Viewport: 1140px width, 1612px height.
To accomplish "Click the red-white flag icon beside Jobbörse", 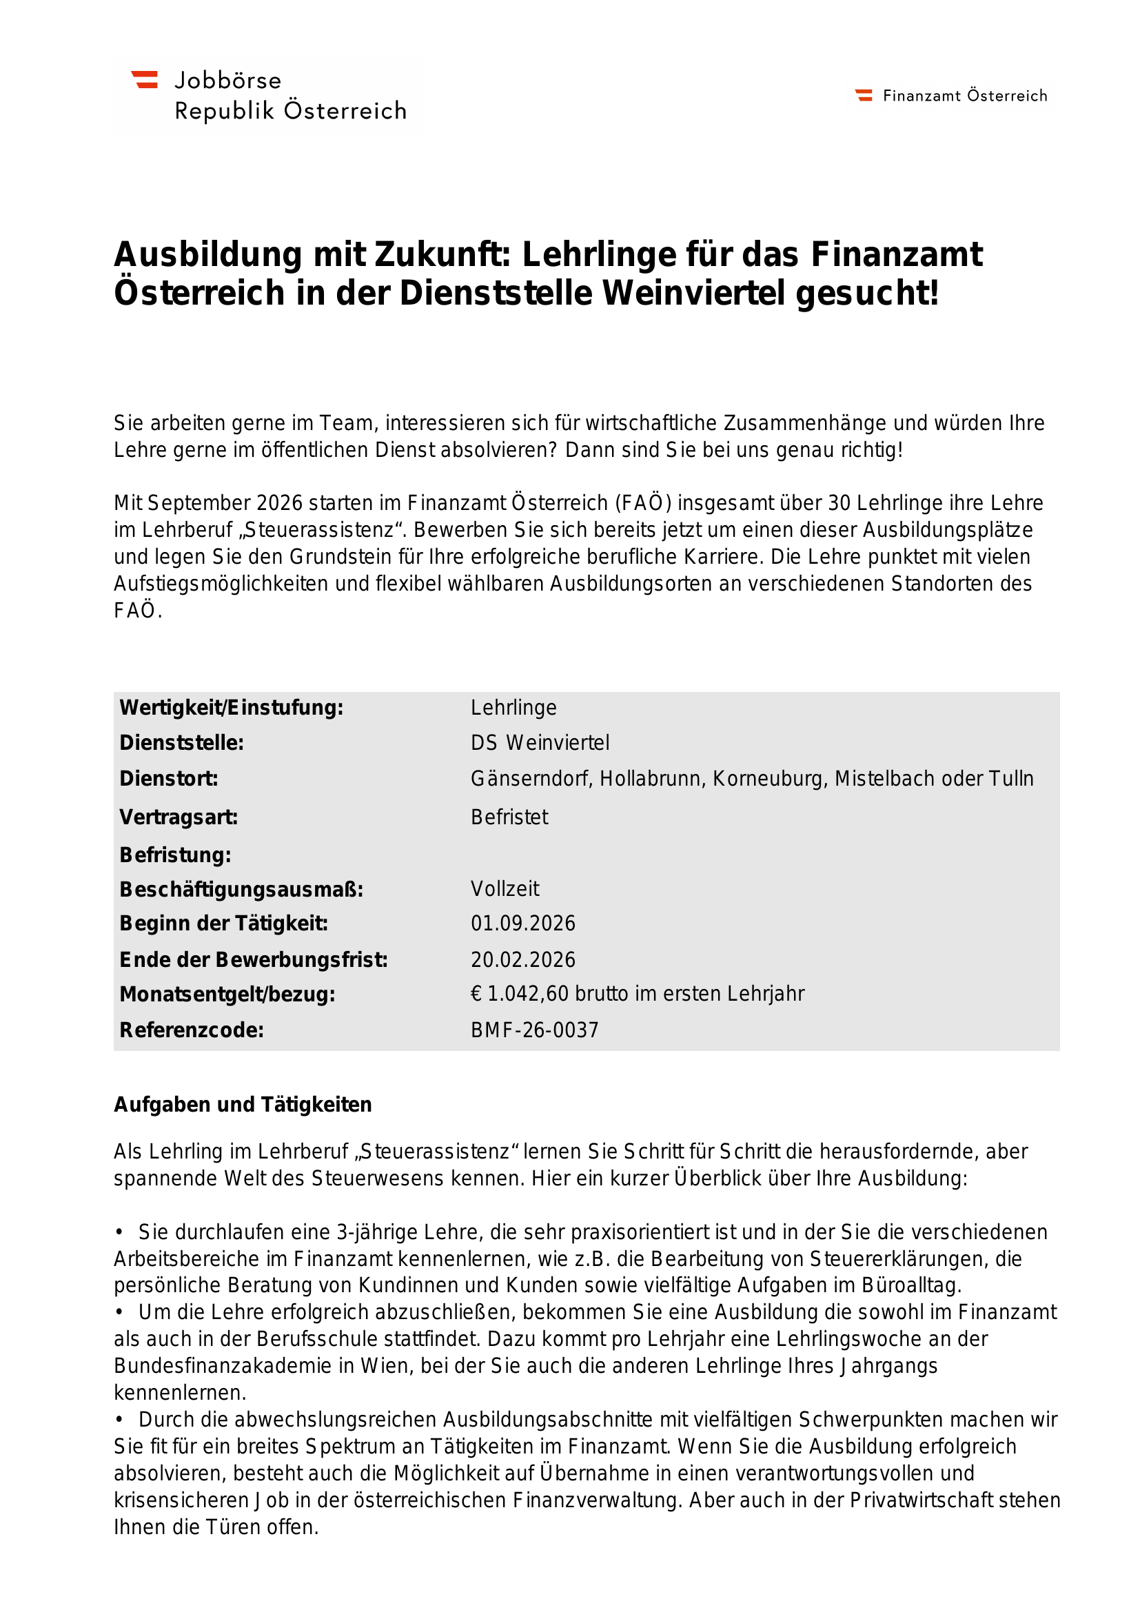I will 145,79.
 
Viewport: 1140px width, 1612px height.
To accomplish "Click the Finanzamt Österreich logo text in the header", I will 964,96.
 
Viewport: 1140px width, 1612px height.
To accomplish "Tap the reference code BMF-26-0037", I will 534,1030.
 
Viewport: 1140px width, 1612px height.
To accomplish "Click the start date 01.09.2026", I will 523,924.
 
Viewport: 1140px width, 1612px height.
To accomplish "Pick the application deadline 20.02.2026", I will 523,960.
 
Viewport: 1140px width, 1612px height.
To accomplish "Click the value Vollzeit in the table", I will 505,889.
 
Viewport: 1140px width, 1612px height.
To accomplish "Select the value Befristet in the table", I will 509,817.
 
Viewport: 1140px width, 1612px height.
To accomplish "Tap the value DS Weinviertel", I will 540,743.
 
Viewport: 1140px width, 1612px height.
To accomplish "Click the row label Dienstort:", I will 168,779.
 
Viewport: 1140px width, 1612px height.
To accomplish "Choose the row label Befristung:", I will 176,855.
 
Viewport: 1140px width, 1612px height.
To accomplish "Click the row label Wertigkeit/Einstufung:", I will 232,708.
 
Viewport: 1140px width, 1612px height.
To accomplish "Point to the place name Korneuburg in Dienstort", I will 768,779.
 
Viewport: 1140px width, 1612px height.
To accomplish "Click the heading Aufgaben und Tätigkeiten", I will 243,1104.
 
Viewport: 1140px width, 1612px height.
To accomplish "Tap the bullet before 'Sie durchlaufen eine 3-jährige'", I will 120,1232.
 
